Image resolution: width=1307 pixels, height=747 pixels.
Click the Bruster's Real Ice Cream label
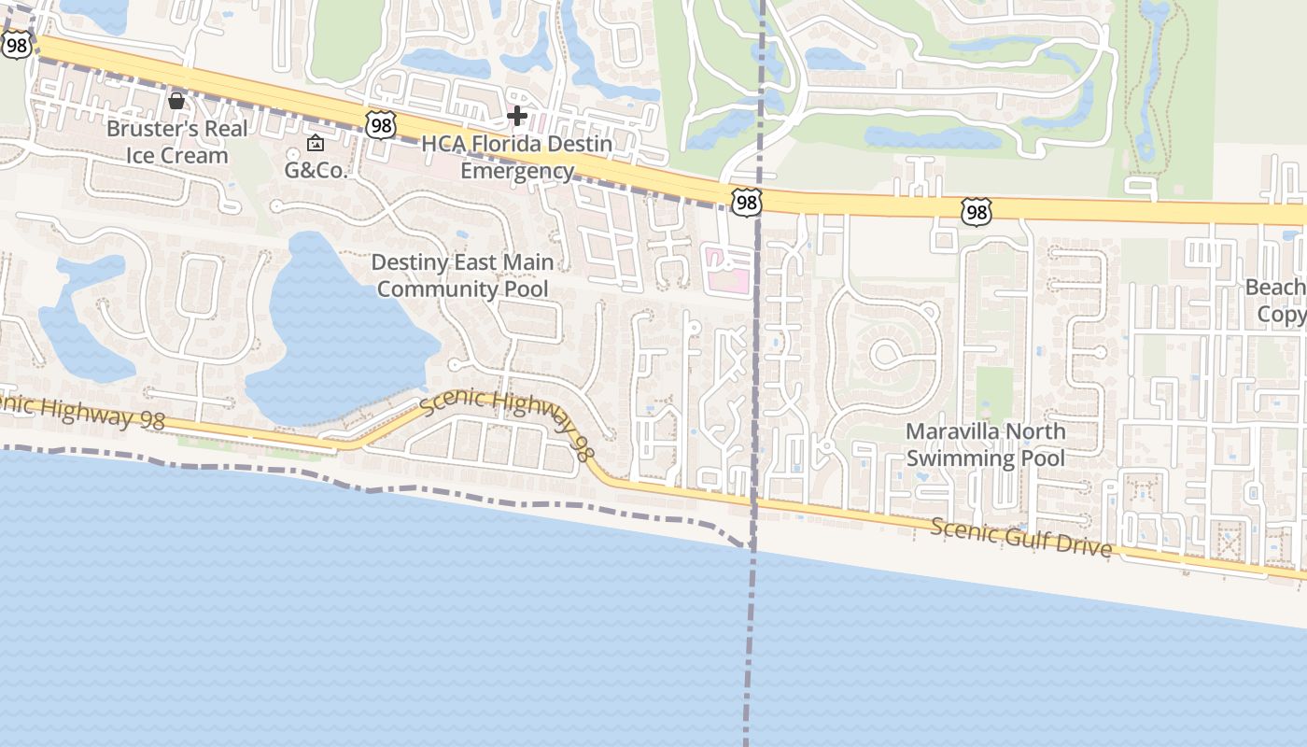click(x=176, y=142)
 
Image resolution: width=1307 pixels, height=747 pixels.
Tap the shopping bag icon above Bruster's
click(x=176, y=100)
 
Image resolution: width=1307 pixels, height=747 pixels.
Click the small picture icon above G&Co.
click(x=316, y=144)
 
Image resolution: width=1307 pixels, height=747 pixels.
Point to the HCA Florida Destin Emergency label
click(x=517, y=157)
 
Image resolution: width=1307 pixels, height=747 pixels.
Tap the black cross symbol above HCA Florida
click(x=517, y=116)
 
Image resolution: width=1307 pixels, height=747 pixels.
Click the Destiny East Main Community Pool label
click(x=463, y=275)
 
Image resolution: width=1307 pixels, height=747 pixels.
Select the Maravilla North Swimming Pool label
click(x=986, y=444)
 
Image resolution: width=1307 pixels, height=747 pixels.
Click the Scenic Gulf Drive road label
click(x=1021, y=538)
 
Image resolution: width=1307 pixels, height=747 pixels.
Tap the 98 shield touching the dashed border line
click(x=747, y=203)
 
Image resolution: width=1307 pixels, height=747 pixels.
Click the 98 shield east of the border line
click(x=976, y=213)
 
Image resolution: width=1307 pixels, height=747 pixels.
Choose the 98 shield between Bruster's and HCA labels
click(x=381, y=124)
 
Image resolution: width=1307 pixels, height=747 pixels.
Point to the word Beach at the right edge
click(x=1275, y=288)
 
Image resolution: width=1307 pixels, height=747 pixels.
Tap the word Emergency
click(x=517, y=171)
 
